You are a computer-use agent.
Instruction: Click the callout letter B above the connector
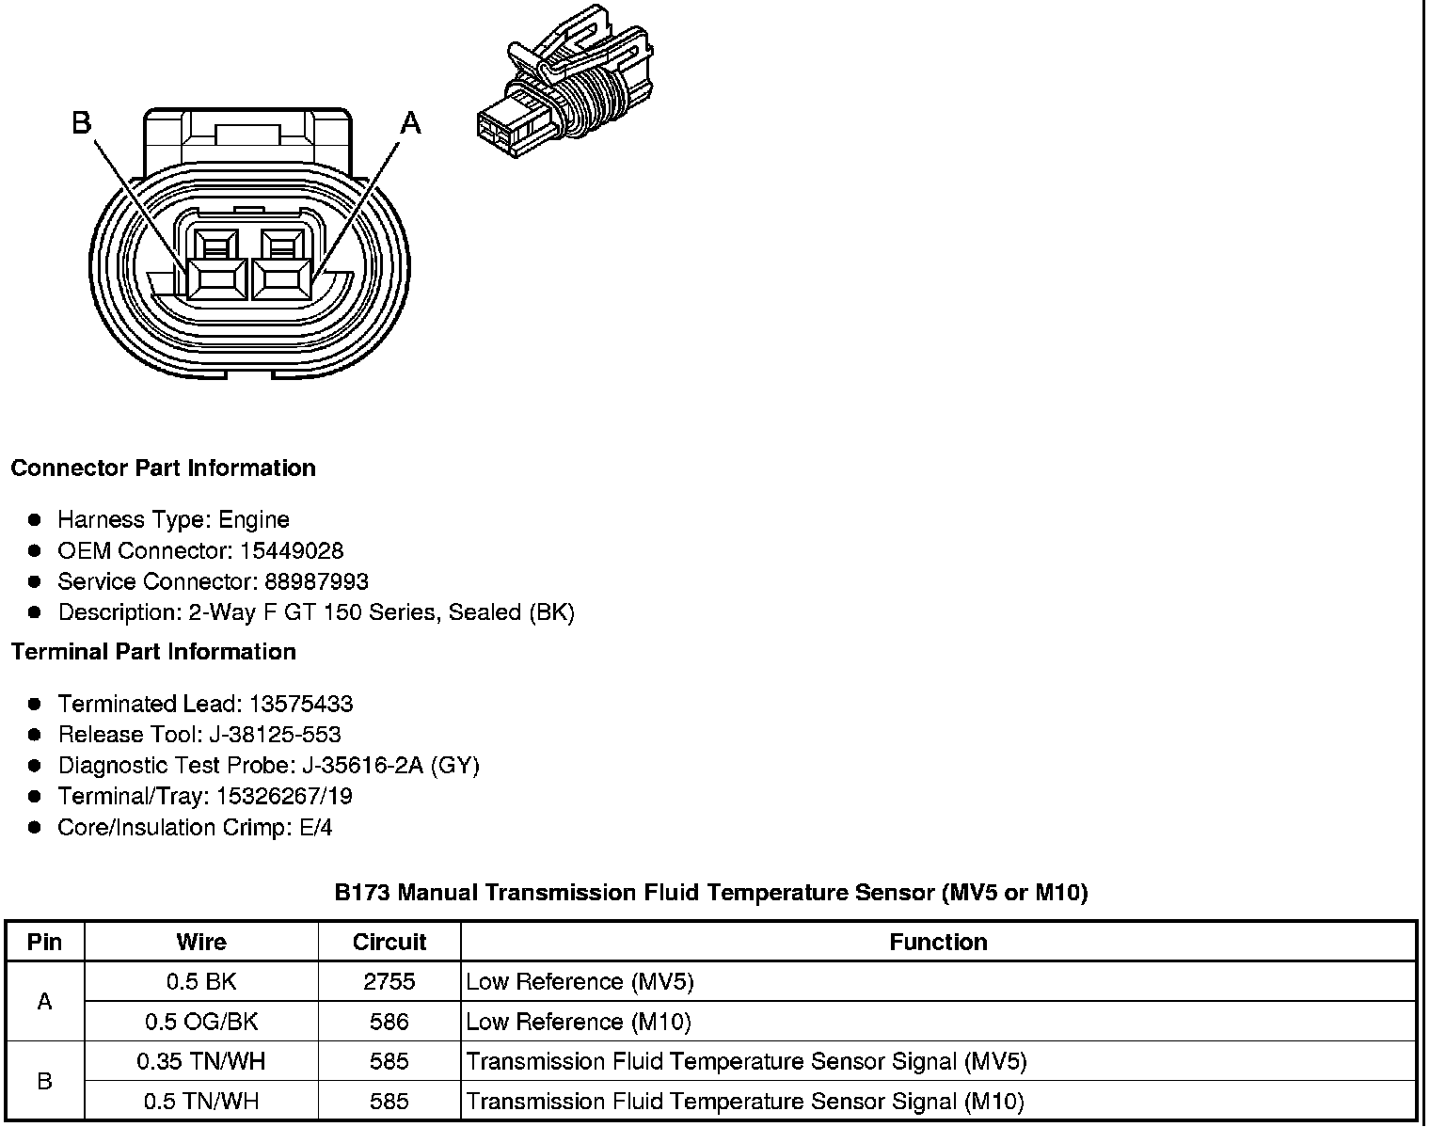pyautogui.click(x=82, y=123)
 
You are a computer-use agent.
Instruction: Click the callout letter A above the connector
pyautogui.click(x=411, y=123)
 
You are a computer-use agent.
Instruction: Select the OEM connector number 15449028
pyautogui.click(x=292, y=550)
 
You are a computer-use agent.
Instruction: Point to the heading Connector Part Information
pyautogui.click(x=164, y=468)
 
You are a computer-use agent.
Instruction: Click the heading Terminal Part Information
pyautogui.click(x=153, y=652)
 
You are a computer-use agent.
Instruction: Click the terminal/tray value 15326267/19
pyautogui.click(x=284, y=797)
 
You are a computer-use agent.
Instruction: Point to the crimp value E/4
pyautogui.click(x=313, y=828)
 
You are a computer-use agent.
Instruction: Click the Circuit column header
pyautogui.click(x=389, y=942)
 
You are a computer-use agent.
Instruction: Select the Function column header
pyautogui.click(x=938, y=942)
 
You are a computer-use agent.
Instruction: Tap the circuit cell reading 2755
pyautogui.click(x=389, y=981)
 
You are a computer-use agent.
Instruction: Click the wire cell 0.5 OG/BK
pyautogui.click(x=201, y=1022)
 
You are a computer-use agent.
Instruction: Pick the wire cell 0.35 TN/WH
pyautogui.click(x=201, y=1061)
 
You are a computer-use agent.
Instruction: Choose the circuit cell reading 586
pyautogui.click(x=389, y=1022)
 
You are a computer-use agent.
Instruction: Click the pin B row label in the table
pyautogui.click(x=44, y=1081)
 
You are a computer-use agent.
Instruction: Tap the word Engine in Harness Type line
pyautogui.click(x=254, y=519)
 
